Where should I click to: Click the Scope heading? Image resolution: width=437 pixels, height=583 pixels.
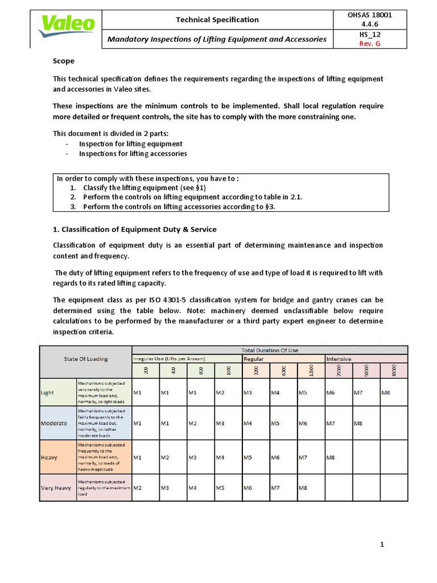63,61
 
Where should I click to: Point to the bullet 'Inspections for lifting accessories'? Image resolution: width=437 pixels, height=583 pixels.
133,154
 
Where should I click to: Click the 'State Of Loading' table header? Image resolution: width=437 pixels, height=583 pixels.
85,359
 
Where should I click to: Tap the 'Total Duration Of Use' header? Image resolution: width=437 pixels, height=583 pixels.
270,350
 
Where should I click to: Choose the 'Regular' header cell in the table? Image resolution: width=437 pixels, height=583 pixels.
254,359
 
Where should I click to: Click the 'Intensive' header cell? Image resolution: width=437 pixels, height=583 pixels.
339,359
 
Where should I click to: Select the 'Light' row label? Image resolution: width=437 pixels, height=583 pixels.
47,393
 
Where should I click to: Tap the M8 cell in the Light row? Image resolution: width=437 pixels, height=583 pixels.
386,393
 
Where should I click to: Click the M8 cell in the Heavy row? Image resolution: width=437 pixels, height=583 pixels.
331,457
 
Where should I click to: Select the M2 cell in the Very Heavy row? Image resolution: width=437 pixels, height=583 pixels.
137,488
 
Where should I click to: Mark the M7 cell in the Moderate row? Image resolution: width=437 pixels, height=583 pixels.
331,423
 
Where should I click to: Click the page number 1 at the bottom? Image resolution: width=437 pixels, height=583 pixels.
382,545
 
